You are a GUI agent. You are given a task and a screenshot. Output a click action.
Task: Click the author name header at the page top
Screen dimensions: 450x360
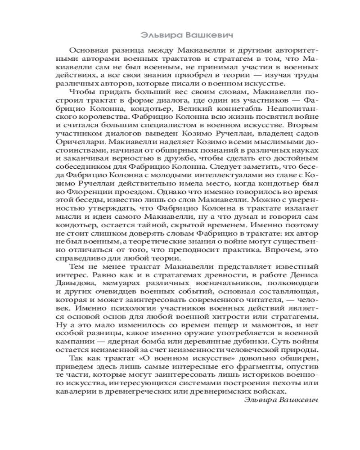tap(180, 34)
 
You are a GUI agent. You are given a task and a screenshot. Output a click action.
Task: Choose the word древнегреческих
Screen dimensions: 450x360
tap(144, 391)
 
